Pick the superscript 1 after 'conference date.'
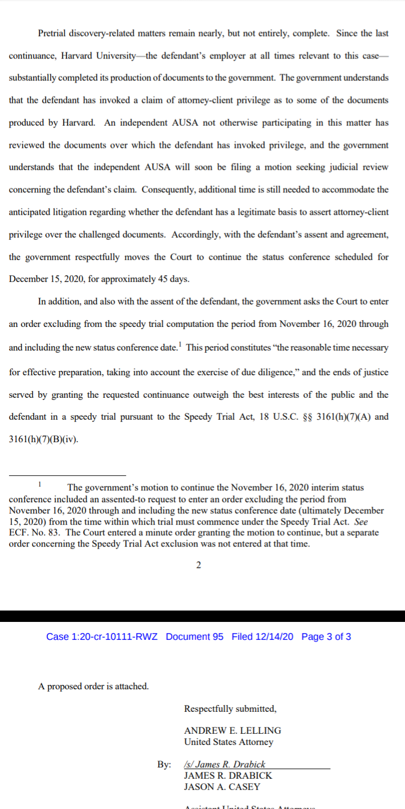tap(180, 344)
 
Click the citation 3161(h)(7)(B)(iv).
tap(44, 439)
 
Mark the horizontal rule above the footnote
tap(67, 475)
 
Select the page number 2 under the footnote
tap(199, 565)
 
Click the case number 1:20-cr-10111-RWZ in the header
tap(102, 637)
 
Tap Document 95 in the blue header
tap(195, 637)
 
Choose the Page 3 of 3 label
tap(326, 637)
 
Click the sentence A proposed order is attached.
tap(93, 686)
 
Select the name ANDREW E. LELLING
tap(232, 730)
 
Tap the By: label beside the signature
tap(164, 765)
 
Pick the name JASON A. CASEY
tap(222, 787)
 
